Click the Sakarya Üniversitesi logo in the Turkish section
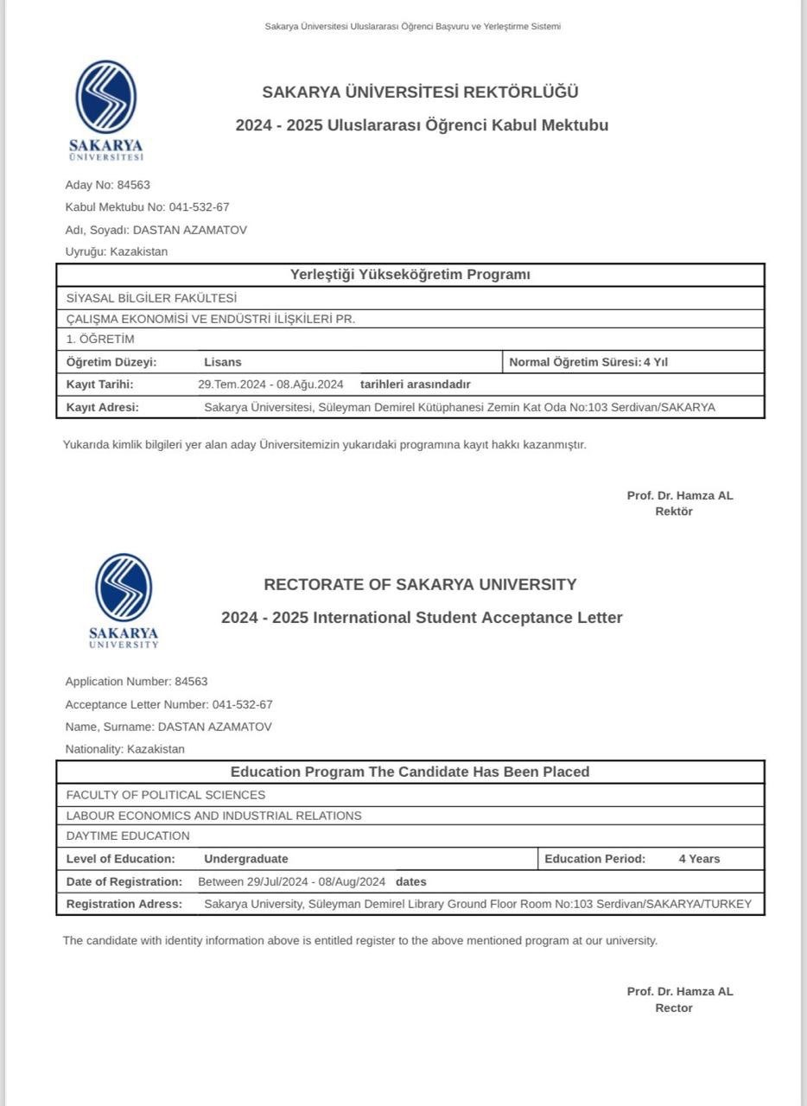coord(105,108)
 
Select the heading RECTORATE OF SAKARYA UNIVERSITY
coord(420,585)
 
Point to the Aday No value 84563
coord(133,185)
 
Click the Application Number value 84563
coord(191,682)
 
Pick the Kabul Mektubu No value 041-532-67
coord(193,207)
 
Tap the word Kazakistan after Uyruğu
coord(139,252)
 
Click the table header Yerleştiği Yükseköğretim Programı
coord(410,275)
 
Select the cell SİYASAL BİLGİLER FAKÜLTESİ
coord(151,298)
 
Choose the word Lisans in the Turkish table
coord(223,362)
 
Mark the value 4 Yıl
coord(655,362)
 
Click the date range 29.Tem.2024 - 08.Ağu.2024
coord(270,385)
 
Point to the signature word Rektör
coord(673,512)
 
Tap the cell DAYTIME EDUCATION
coord(128,836)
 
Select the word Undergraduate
coord(246,859)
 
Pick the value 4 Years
coord(699,859)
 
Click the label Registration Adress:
coord(124,905)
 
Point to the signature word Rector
coord(673,1008)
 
